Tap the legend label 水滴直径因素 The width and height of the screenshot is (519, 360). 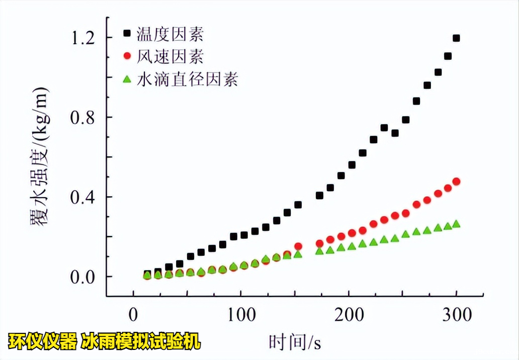click(188, 79)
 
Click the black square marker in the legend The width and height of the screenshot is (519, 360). click(127, 34)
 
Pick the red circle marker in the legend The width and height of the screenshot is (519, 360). click(127, 56)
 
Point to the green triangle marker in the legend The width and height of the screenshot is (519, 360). click(127, 78)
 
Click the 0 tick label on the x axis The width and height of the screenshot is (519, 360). click(133, 315)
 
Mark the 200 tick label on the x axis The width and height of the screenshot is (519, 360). click(349, 315)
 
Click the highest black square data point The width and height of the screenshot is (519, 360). click(456, 38)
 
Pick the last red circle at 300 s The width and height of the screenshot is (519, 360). click(456, 182)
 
